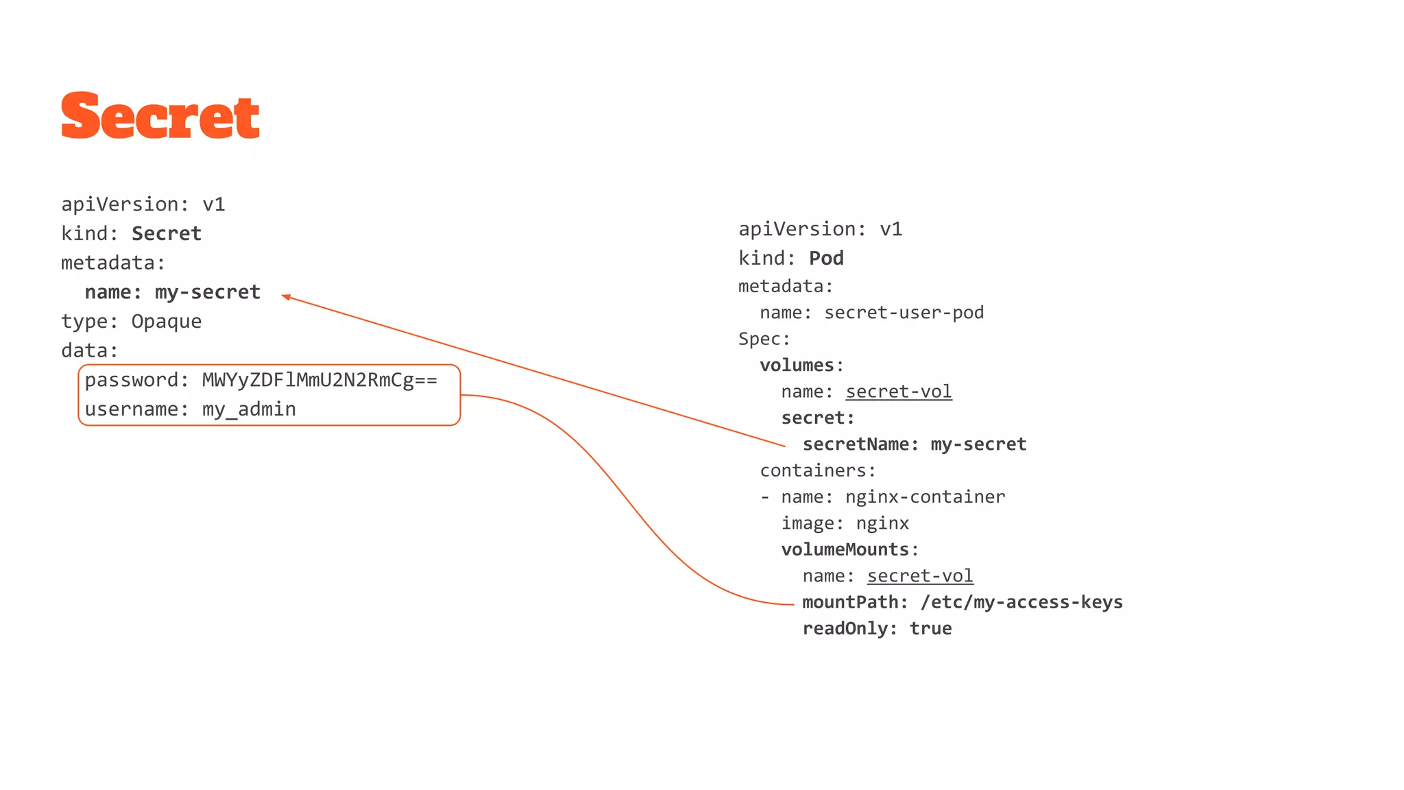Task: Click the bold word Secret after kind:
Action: tap(166, 234)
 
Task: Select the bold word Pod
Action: tap(826, 259)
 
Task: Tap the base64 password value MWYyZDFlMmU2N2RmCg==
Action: tap(319, 380)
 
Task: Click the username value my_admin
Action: tap(249, 409)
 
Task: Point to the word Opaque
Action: tap(166, 322)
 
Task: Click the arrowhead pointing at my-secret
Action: tap(286, 296)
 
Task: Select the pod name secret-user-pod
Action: tap(904, 313)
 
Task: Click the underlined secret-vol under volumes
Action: tap(898, 392)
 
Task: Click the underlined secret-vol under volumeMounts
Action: tap(919, 576)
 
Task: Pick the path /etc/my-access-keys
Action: tap(1021, 602)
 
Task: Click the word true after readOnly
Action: tap(930, 629)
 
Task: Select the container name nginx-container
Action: tap(925, 497)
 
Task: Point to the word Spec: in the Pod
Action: tap(764, 339)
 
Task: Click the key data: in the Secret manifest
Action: tap(89, 351)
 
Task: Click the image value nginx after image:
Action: tap(882, 523)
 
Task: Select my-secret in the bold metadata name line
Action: tap(207, 292)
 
